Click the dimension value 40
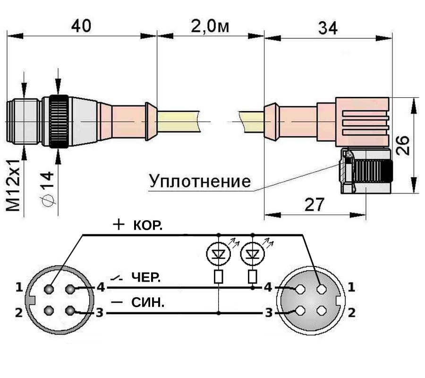coord(81,26)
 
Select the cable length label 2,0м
coord(210,26)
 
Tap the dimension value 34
coord(328,28)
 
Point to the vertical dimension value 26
coord(402,146)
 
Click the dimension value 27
coord(314,205)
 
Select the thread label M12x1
coord(13,185)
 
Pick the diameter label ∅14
coord(47,188)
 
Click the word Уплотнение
coord(200,181)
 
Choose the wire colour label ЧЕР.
coord(146,277)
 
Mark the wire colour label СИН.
coord(148,302)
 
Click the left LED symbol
coord(219,254)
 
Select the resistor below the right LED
coord(253,276)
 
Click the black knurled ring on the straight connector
coord(59,121)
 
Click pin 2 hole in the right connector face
coord(322,310)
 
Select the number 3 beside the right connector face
coord(268,313)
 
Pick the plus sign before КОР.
coord(119,224)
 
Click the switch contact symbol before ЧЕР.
coord(117,278)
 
